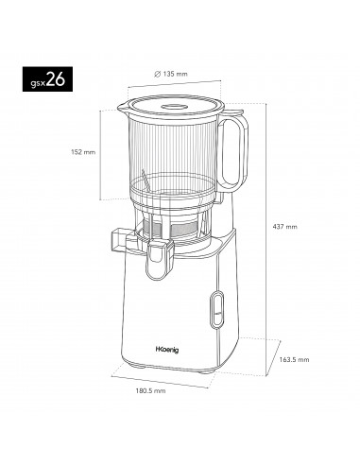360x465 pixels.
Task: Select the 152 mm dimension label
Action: (x=83, y=152)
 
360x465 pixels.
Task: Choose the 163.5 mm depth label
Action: (x=295, y=385)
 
